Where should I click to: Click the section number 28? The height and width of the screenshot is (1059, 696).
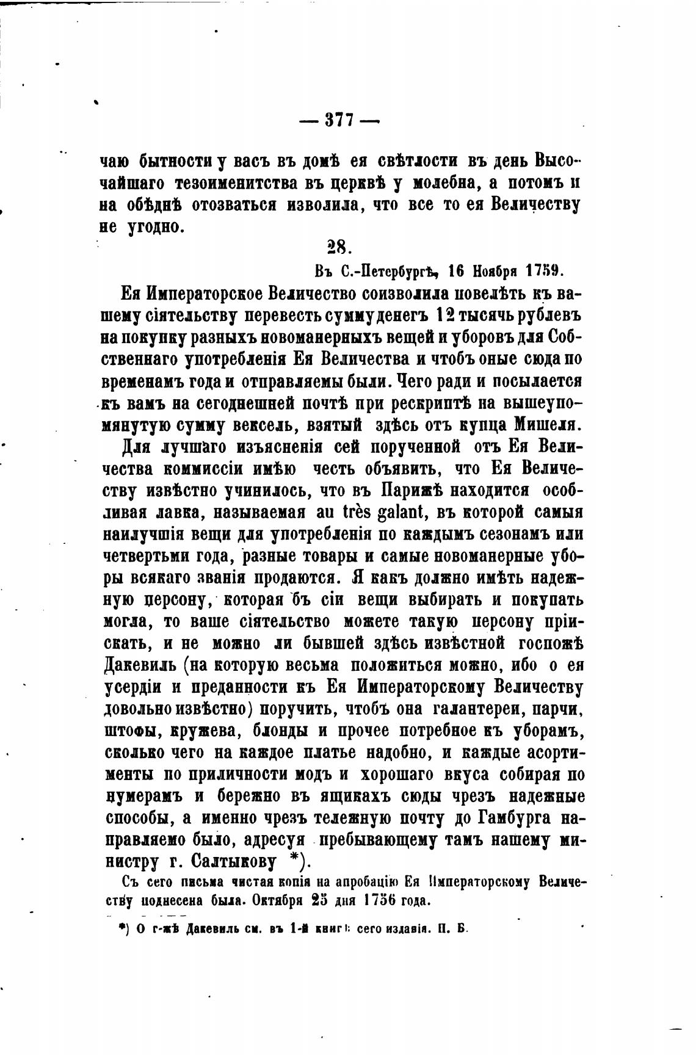pos(337,247)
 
